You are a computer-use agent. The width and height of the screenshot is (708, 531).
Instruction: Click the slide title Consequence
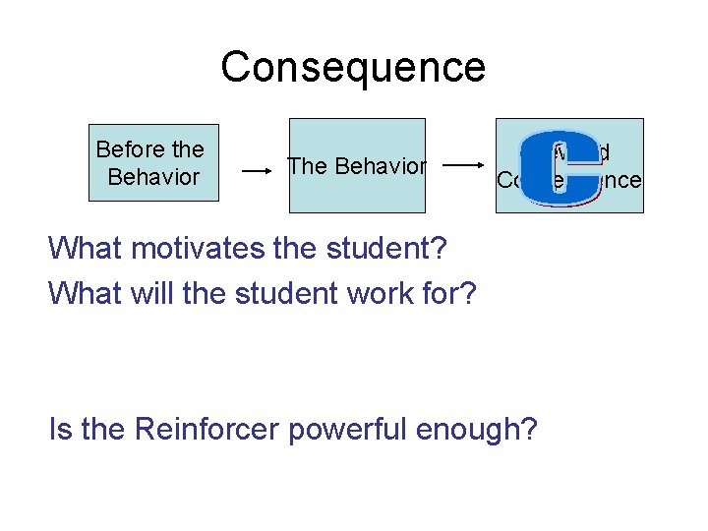coord(353,67)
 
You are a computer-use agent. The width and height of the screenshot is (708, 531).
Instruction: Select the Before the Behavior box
coord(153,163)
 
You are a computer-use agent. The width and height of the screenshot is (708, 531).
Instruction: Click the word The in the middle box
coord(307,166)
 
